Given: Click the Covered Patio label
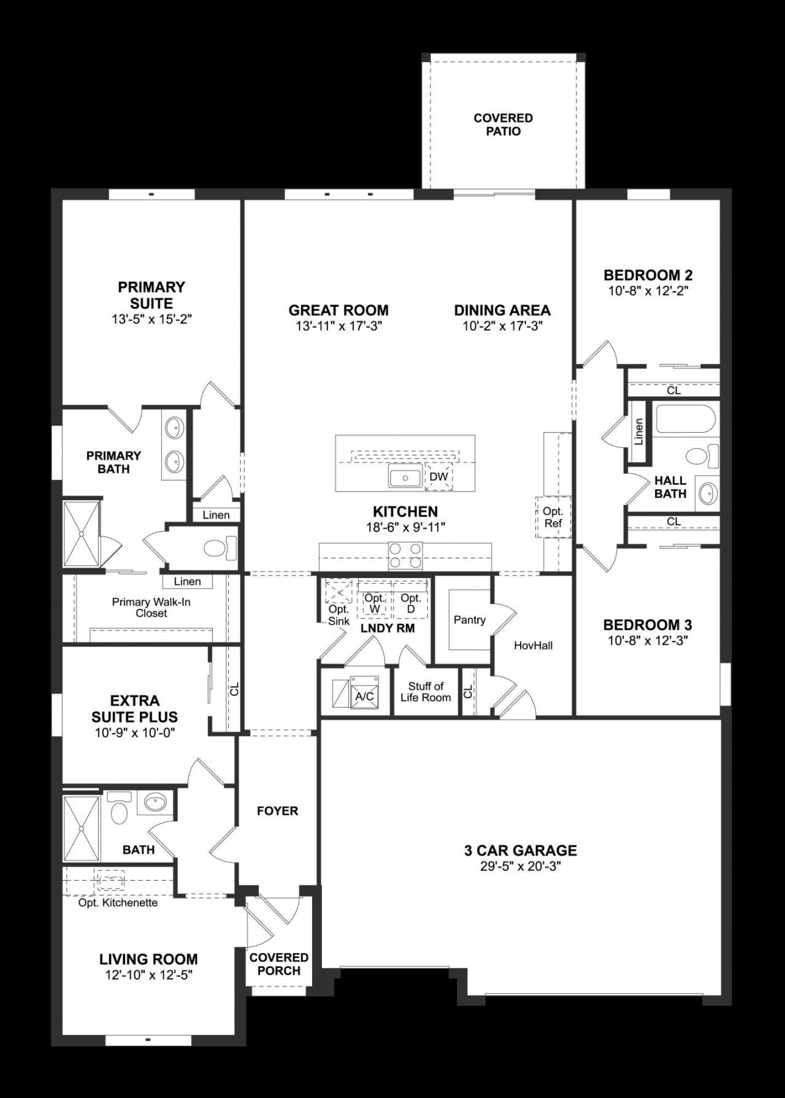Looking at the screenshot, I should click(503, 125).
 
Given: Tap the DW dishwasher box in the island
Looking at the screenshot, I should click(438, 477).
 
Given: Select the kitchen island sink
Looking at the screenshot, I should click(404, 477).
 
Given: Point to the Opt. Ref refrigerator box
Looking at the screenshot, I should click(553, 517).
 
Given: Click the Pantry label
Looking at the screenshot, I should click(469, 620).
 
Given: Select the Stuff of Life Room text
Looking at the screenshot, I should click(426, 692).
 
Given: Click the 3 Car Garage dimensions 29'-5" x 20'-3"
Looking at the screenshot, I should click(521, 867).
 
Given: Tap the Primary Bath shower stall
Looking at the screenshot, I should click(82, 533).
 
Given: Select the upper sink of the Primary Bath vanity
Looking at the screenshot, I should click(175, 427).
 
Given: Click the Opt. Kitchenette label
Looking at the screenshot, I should click(118, 903).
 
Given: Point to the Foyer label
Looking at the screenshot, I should click(277, 811).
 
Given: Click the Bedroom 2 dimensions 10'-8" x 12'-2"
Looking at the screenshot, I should click(648, 291).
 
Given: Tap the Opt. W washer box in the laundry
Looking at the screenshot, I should click(375, 603).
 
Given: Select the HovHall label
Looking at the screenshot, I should click(533, 645).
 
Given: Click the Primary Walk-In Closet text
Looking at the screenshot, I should click(151, 608).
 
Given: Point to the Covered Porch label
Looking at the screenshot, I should click(278, 964).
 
